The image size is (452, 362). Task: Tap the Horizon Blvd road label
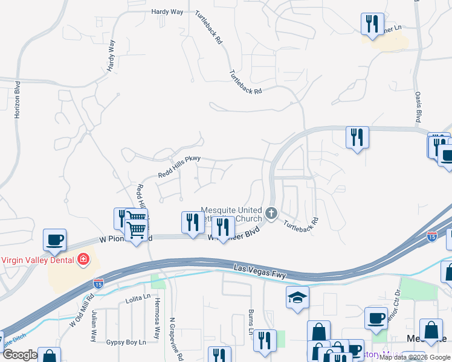click(18, 98)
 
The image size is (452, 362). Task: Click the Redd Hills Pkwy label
click(179, 168)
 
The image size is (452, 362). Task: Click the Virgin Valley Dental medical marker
click(83, 260)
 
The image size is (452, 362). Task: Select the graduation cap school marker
click(297, 297)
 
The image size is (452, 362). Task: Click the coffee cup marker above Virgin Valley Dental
click(54, 240)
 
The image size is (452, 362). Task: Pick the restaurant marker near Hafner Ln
click(372, 24)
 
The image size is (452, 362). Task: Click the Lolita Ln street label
click(138, 297)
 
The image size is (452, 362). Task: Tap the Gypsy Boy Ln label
click(126, 342)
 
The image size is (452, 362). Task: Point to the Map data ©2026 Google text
click(415, 357)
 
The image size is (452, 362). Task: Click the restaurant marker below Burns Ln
click(265, 340)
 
